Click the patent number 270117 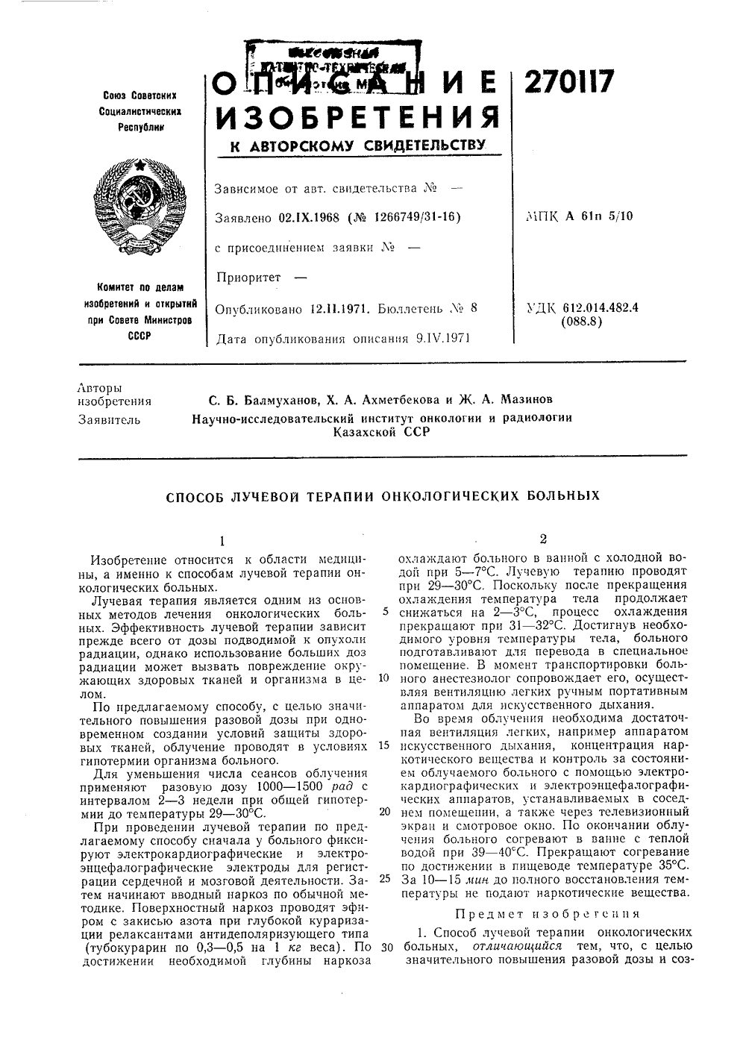[x=569, y=82]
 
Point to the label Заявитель [x=109, y=420]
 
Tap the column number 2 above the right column [x=542, y=539]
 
